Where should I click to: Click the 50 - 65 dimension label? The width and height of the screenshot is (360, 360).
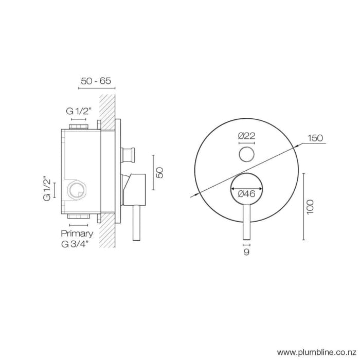coord(96,81)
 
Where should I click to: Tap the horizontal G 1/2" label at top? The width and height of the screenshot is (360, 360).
coord(79,111)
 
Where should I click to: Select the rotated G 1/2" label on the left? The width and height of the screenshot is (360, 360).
coord(47,189)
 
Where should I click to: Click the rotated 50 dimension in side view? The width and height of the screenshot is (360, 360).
coord(159,172)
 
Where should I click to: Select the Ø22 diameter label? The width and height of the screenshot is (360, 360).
coord(247,136)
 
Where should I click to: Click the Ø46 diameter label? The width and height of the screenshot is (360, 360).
coord(247,193)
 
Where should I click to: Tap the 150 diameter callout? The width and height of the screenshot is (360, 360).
coord(315,138)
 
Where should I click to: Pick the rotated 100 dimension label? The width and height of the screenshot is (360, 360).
coord(310,206)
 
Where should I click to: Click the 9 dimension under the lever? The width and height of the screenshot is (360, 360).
coord(247,252)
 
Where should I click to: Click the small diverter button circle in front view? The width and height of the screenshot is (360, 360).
coord(247,154)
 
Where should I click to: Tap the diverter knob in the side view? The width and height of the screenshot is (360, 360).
coord(129,154)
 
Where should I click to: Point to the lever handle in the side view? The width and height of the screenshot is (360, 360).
coord(136,221)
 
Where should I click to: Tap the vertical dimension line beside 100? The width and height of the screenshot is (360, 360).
coord(304,206)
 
